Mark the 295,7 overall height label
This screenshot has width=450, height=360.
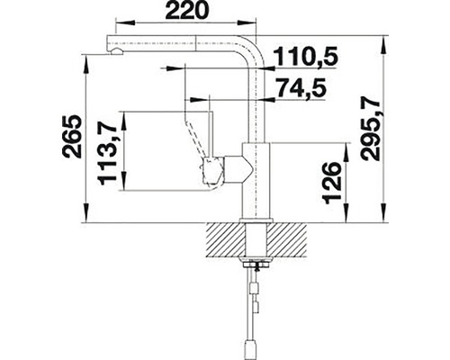coord(372,127)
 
